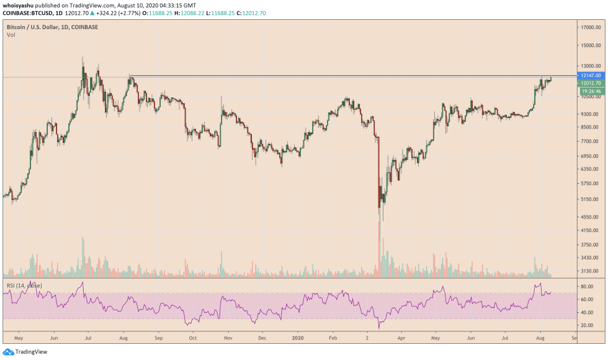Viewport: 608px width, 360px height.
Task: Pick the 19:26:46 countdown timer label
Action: (591, 91)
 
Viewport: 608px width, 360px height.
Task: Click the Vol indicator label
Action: (11, 35)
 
